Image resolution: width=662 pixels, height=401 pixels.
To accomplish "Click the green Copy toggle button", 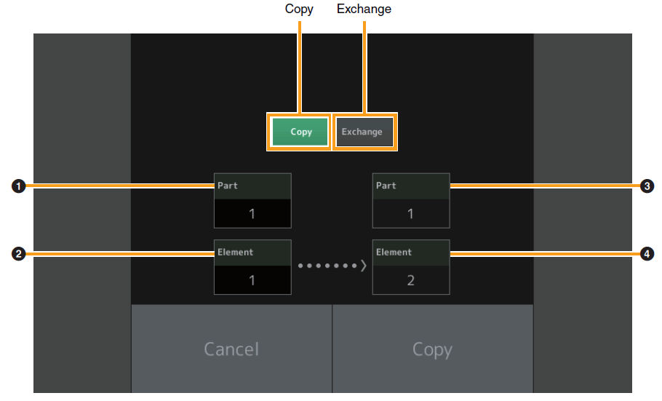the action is click(x=300, y=132).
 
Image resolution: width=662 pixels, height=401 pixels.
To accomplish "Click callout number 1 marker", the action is click(x=19, y=186).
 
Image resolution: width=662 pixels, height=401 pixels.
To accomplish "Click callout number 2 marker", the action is click(x=19, y=254).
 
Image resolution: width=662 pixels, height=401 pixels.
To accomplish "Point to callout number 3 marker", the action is click(x=647, y=186).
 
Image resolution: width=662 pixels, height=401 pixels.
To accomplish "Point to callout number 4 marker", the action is click(x=647, y=254).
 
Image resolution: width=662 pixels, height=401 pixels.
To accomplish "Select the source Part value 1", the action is click(x=252, y=214).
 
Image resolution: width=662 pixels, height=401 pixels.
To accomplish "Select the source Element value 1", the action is click(x=252, y=280).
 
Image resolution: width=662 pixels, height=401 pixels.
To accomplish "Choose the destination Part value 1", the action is click(x=411, y=214).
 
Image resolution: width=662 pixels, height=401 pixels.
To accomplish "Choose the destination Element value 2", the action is click(x=411, y=280).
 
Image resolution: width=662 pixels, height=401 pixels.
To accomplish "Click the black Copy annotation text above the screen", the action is click(x=299, y=9).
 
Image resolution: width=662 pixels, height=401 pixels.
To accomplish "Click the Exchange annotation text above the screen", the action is click(x=364, y=9).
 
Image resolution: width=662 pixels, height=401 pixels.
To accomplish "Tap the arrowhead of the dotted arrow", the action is click(x=364, y=266).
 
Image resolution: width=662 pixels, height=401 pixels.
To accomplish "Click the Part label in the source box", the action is click(x=228, y=186).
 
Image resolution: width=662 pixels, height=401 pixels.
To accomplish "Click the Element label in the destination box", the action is click(x=394, y=253).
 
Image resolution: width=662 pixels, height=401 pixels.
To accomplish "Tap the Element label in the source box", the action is click(x=235, y=253).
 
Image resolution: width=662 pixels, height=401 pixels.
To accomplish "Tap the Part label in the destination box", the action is click(x=386, y=186).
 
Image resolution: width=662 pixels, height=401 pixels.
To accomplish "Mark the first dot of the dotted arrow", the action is click(x=300, y=266).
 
